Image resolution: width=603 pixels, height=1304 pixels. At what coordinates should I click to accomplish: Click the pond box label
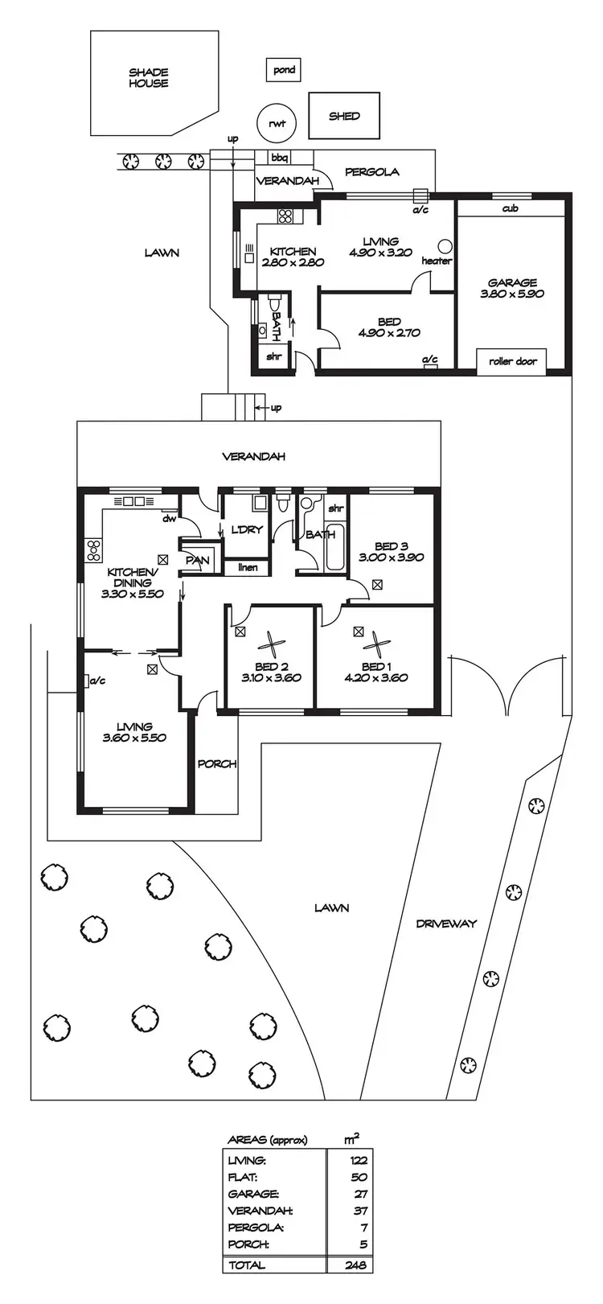coord(284,70)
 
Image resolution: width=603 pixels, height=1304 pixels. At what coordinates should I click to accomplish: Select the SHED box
coord(344,116)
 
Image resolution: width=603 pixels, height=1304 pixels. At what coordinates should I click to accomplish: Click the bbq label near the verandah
coord(280,158)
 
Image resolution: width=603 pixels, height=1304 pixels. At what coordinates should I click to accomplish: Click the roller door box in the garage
coord(512,361)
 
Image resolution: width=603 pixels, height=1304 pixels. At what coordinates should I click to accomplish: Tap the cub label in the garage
coord(510,208)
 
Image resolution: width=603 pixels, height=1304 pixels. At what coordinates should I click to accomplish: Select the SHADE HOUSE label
coord(149,77)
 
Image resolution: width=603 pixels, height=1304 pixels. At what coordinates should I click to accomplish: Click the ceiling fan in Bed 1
coord(375,643)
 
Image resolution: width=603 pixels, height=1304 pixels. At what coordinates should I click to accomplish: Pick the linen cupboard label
coord(248,568)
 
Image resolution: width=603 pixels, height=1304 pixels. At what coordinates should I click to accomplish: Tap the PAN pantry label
coord(197,560)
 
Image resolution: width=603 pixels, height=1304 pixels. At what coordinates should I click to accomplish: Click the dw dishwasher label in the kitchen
coord(169,519)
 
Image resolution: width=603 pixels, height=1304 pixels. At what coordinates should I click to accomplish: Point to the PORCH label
coord(217,763)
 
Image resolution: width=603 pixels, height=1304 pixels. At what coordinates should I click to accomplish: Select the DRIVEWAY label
coord(446,923)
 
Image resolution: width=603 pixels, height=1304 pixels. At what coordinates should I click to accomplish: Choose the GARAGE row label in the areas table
coord(253,1195)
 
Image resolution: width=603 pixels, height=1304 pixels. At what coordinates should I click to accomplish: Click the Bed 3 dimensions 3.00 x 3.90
coord(391,557)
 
